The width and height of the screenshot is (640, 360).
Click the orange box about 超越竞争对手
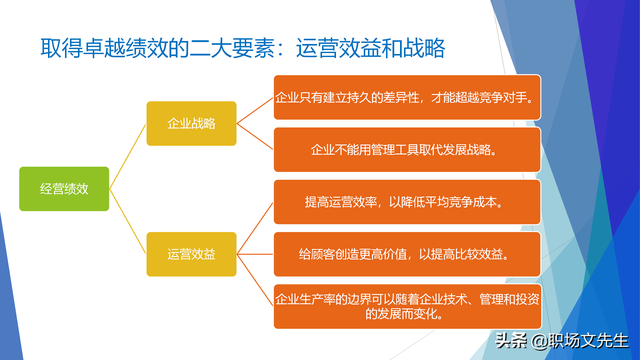pos(408,98)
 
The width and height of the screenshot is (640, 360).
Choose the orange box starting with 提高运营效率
pos(408,202)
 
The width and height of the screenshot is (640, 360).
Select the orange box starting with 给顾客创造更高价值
pos(408,254)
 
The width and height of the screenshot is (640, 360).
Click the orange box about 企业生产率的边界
pos(408,306)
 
